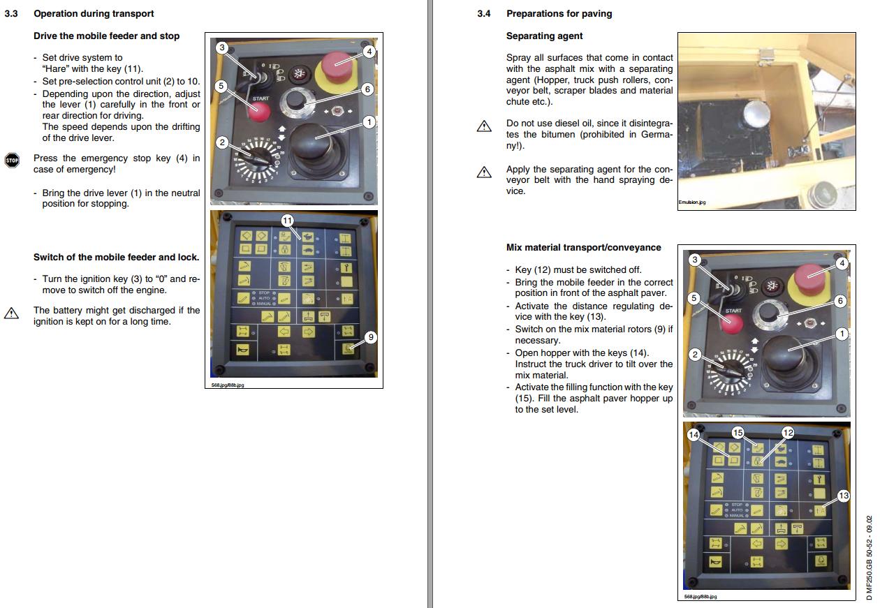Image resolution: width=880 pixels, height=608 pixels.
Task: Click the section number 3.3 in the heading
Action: tap(11, 13)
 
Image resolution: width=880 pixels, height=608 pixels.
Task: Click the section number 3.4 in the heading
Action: tap(484, 13)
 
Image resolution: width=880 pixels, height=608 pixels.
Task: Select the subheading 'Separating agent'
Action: tap(544, 36)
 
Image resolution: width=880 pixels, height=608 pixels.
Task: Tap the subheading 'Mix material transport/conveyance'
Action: tap(583, 247)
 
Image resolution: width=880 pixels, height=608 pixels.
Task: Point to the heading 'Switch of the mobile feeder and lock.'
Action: tap(116, 257)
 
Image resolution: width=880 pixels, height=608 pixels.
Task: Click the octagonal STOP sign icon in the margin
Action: tap(12, 160)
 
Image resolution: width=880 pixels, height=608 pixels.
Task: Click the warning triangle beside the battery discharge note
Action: tap(12, 313)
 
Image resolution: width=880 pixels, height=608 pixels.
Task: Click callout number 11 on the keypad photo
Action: tap(287, 220)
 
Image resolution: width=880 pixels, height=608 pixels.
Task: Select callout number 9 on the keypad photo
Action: tap(371, 337)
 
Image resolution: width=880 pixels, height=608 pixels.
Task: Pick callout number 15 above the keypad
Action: tap(738, 433)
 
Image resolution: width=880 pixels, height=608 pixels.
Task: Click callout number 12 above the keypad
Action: tap(788, 433)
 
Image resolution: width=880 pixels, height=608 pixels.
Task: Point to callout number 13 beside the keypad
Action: tap(843, 496)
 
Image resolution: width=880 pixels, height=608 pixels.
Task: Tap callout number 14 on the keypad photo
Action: tap(694, 434)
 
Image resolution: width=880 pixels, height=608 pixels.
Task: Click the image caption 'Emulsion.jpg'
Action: tap(692, 202)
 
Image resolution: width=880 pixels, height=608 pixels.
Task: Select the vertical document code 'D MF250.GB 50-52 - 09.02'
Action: tap(869, 558)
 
